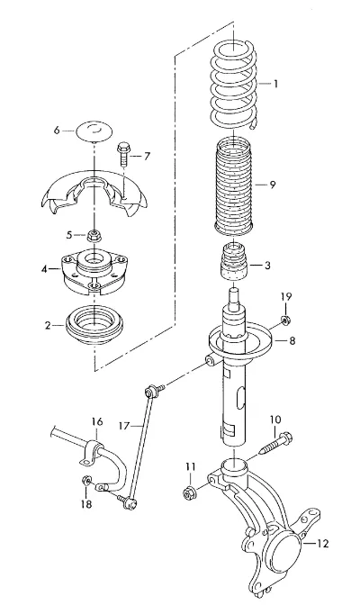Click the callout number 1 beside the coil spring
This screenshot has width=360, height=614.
(x=275, y=84)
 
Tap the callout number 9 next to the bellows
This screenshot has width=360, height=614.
(x=273, y=184)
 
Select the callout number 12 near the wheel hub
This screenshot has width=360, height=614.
(x=322, y=543)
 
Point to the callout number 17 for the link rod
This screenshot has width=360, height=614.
(x=124, y=425)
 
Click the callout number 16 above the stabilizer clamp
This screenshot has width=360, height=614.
(x=97, y=421)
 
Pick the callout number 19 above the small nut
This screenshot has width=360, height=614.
(x=285, y=296)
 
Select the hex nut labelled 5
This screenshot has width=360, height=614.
(x=94, y=235)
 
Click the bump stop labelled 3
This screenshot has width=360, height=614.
(x=234, y=262)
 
